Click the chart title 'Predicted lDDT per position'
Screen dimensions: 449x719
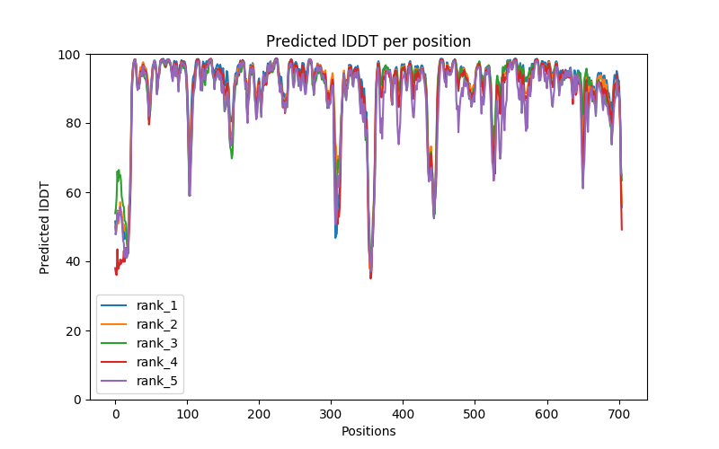(368, 41)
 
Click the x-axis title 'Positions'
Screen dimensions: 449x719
(368, 431)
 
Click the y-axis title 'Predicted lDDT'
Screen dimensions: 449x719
(45, 226)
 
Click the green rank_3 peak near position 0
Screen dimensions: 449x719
(119, 171)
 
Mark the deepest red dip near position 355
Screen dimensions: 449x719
(370, 277)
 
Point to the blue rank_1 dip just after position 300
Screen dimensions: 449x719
(335, 237)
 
